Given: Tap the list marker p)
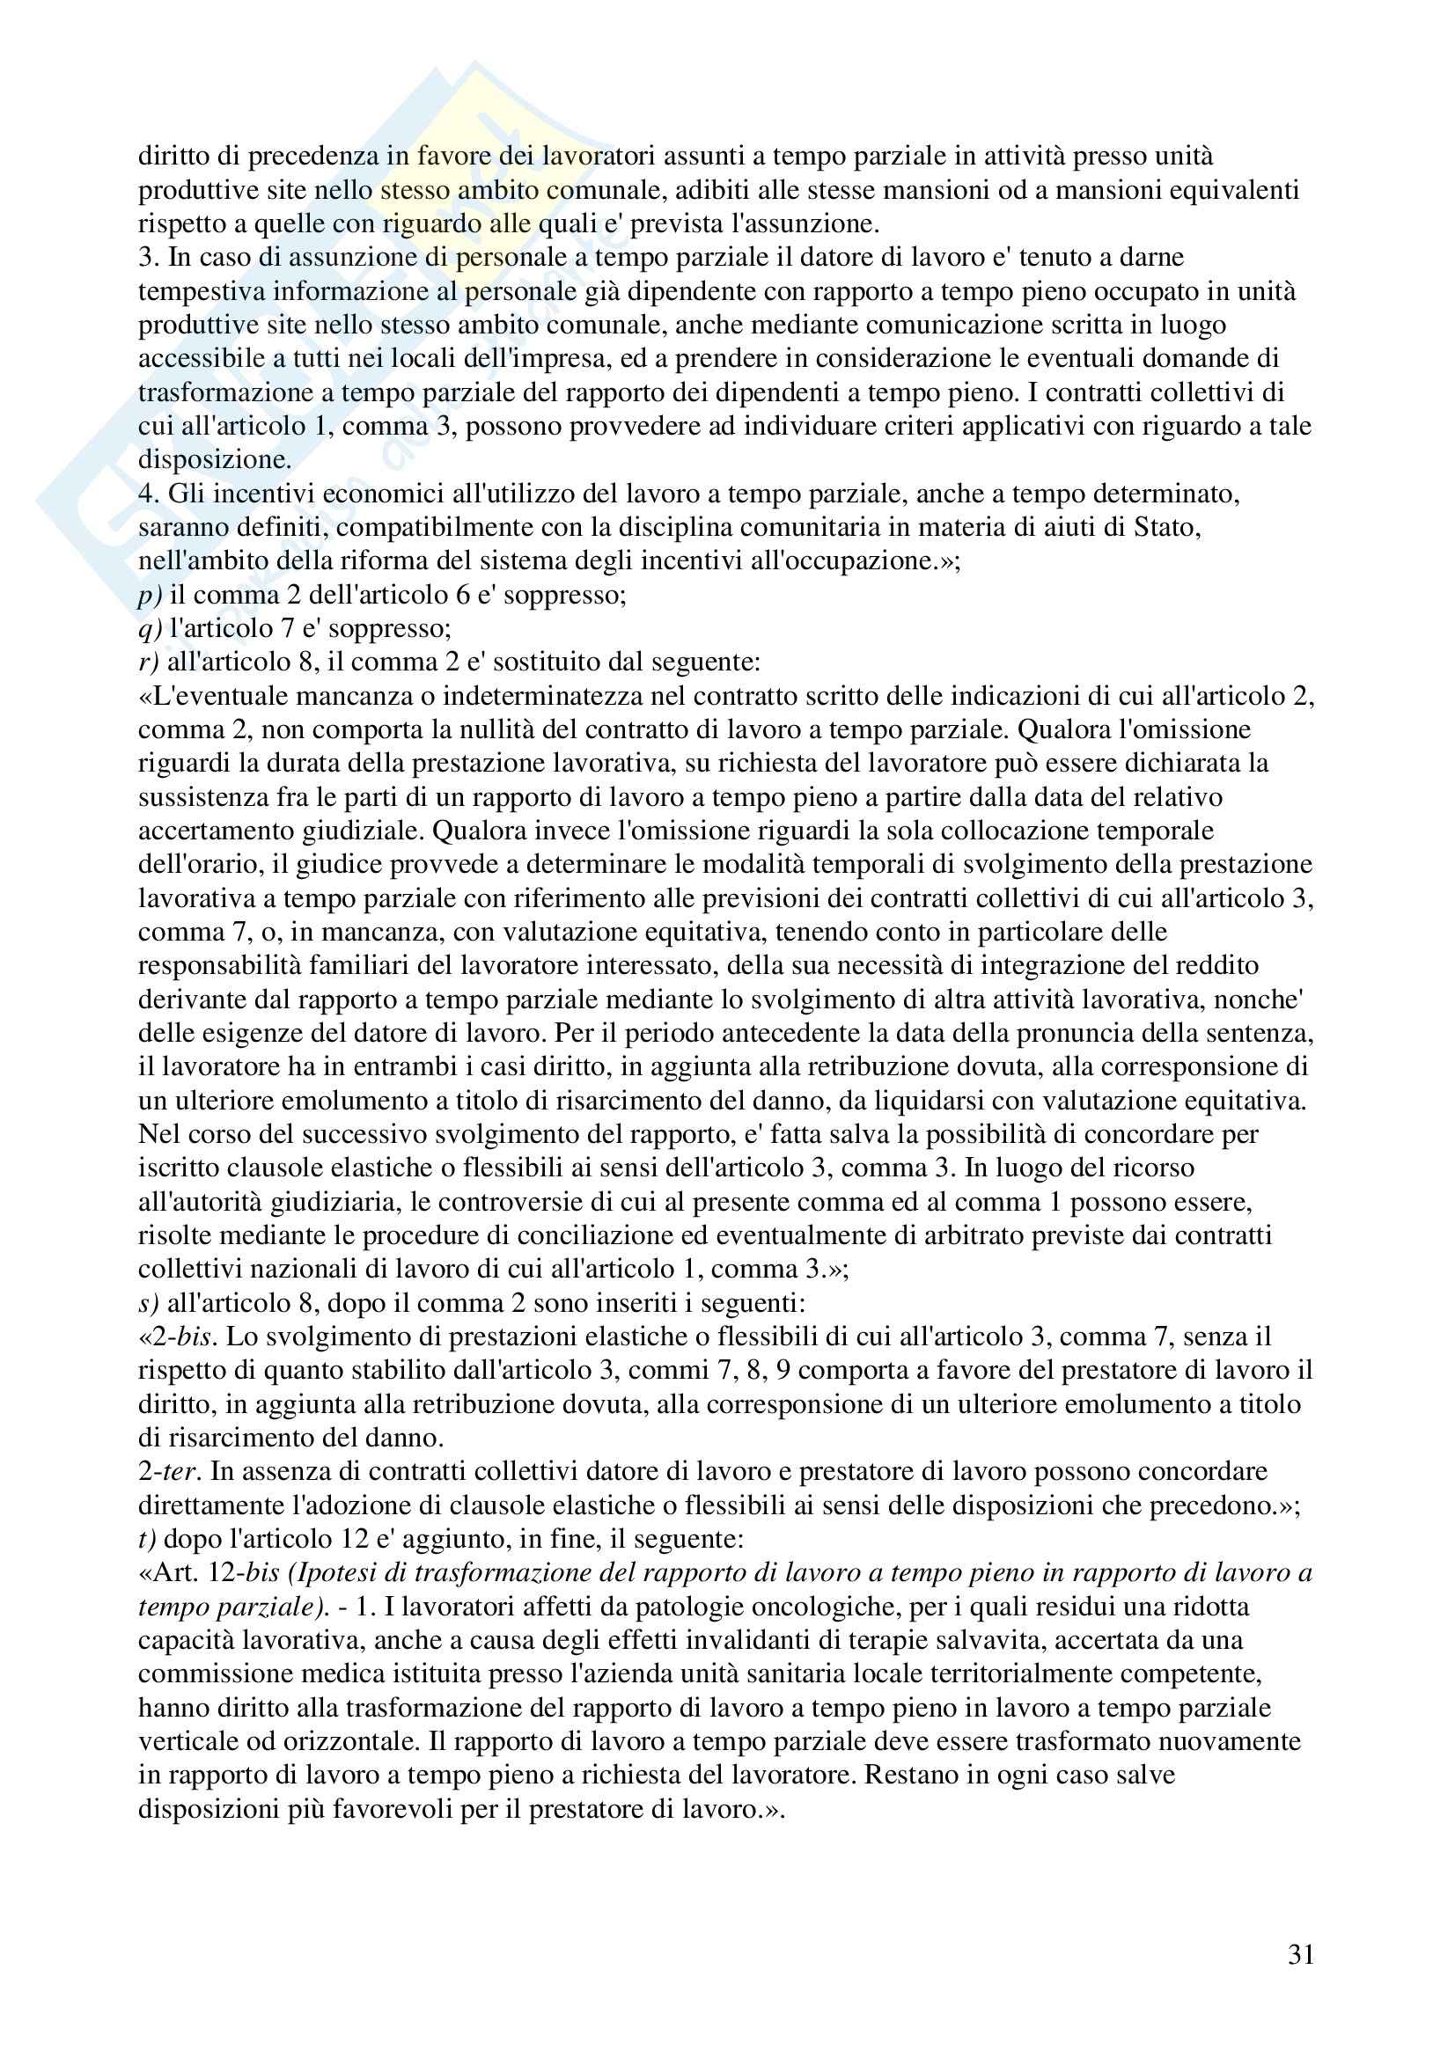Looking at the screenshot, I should tap(150, 595).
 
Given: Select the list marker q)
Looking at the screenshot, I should tap(150, 629).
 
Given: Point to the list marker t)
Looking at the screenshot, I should tap(147, 1539).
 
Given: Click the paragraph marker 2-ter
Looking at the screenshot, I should tap(168, 1472).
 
